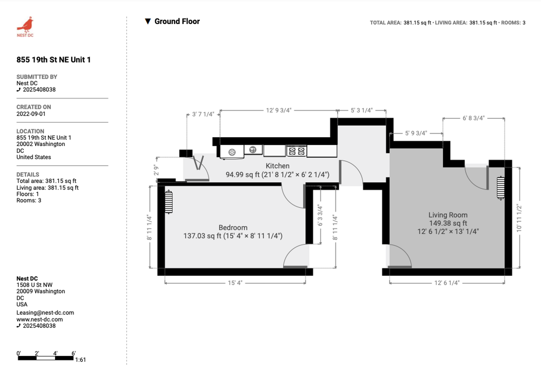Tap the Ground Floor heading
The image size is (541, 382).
[177, 22]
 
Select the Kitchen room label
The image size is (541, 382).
[277, 166]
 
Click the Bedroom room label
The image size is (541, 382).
[233, 227]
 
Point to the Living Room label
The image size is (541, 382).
[448, 215]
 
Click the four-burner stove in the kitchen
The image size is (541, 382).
[296, 151]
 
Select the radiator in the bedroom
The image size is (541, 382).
[169, 202]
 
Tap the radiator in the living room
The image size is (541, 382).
[501, 188]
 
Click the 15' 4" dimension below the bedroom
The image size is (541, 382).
[235, 283]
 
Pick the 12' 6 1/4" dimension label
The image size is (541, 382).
[447, 283]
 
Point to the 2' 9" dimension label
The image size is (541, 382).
[156, 170]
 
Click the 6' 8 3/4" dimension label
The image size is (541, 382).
[474, 118]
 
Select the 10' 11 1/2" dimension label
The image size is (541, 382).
[519, 218]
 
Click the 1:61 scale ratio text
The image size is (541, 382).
[81, 360]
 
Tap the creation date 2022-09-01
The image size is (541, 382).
[31, 114]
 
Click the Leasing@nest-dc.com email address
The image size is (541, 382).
[45, 313]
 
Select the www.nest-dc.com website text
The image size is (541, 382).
[40, 319]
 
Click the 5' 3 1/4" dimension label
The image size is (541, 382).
[361, 110]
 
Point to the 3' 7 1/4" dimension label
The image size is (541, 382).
[203, 114]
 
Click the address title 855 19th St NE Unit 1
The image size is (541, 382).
[54, 60]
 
